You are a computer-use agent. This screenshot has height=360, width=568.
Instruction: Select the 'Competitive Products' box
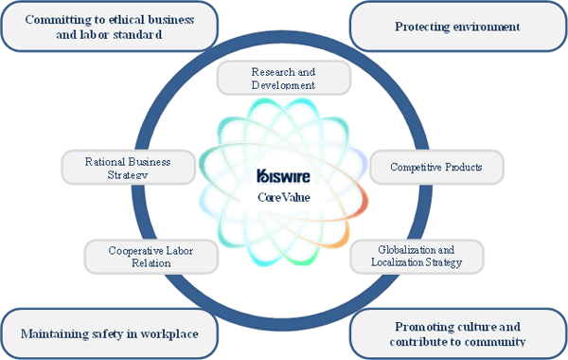pos(436,167)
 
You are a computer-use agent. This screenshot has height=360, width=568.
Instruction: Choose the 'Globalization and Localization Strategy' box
pos(418,256)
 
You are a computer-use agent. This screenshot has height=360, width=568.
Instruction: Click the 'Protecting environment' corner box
pos(458,27)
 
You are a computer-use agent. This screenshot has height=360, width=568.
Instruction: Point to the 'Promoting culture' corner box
pos(458,333)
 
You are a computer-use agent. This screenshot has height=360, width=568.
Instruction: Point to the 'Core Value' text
pos(283,197)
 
